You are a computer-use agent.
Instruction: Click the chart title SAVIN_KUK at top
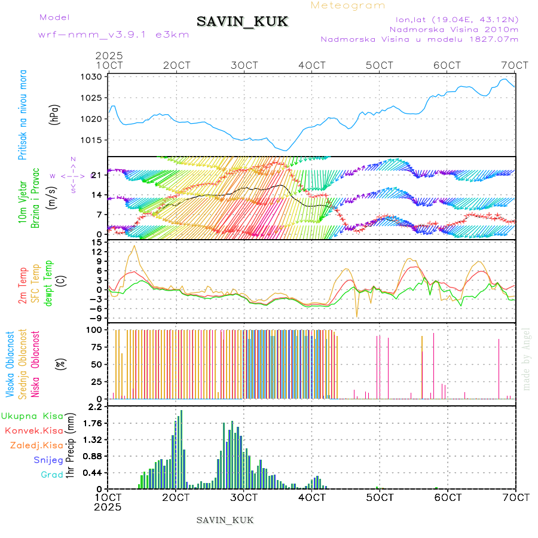coord(243,22)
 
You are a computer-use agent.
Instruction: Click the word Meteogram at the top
coord(348,5)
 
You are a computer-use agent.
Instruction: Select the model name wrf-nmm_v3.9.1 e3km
coord(114,34)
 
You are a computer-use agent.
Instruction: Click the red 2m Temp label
coord(23,285)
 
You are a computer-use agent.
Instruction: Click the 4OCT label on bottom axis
coord(311,497)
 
